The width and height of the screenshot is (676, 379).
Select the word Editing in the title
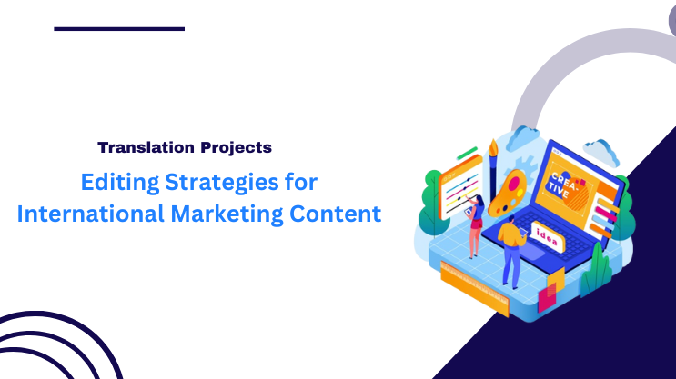point(113,182)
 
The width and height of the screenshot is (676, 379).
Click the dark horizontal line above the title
point(119,29)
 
